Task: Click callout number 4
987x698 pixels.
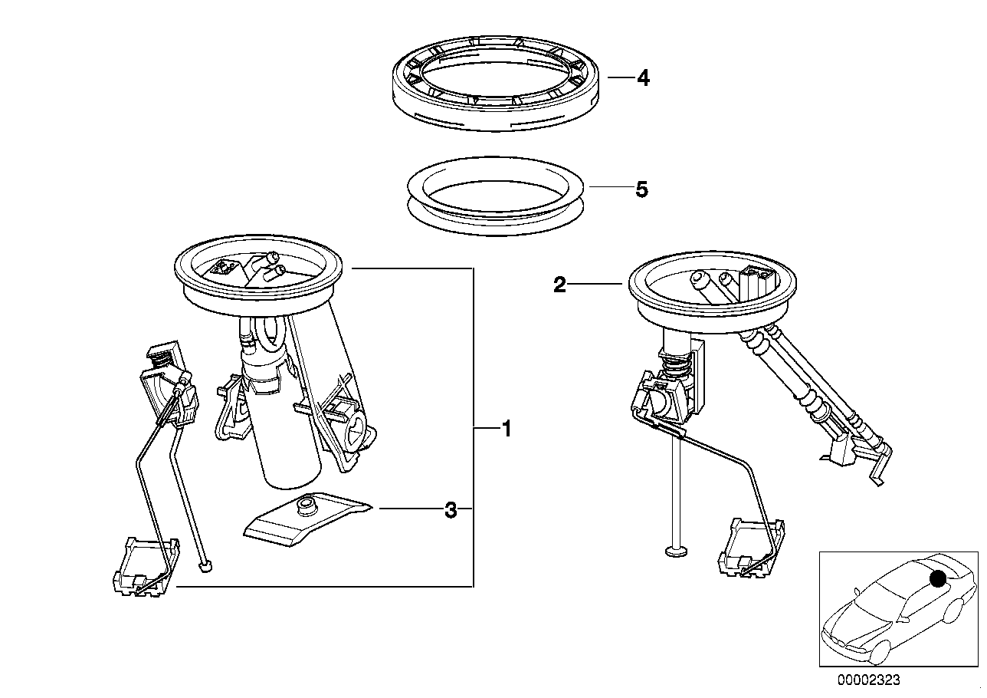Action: (643, 77)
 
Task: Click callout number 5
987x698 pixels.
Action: (641, 189)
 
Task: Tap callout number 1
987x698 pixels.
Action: (505, 430)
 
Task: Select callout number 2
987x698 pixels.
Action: (560, 285)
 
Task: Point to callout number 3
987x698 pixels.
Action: (451, 509)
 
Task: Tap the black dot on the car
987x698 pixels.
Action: (937, 578)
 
